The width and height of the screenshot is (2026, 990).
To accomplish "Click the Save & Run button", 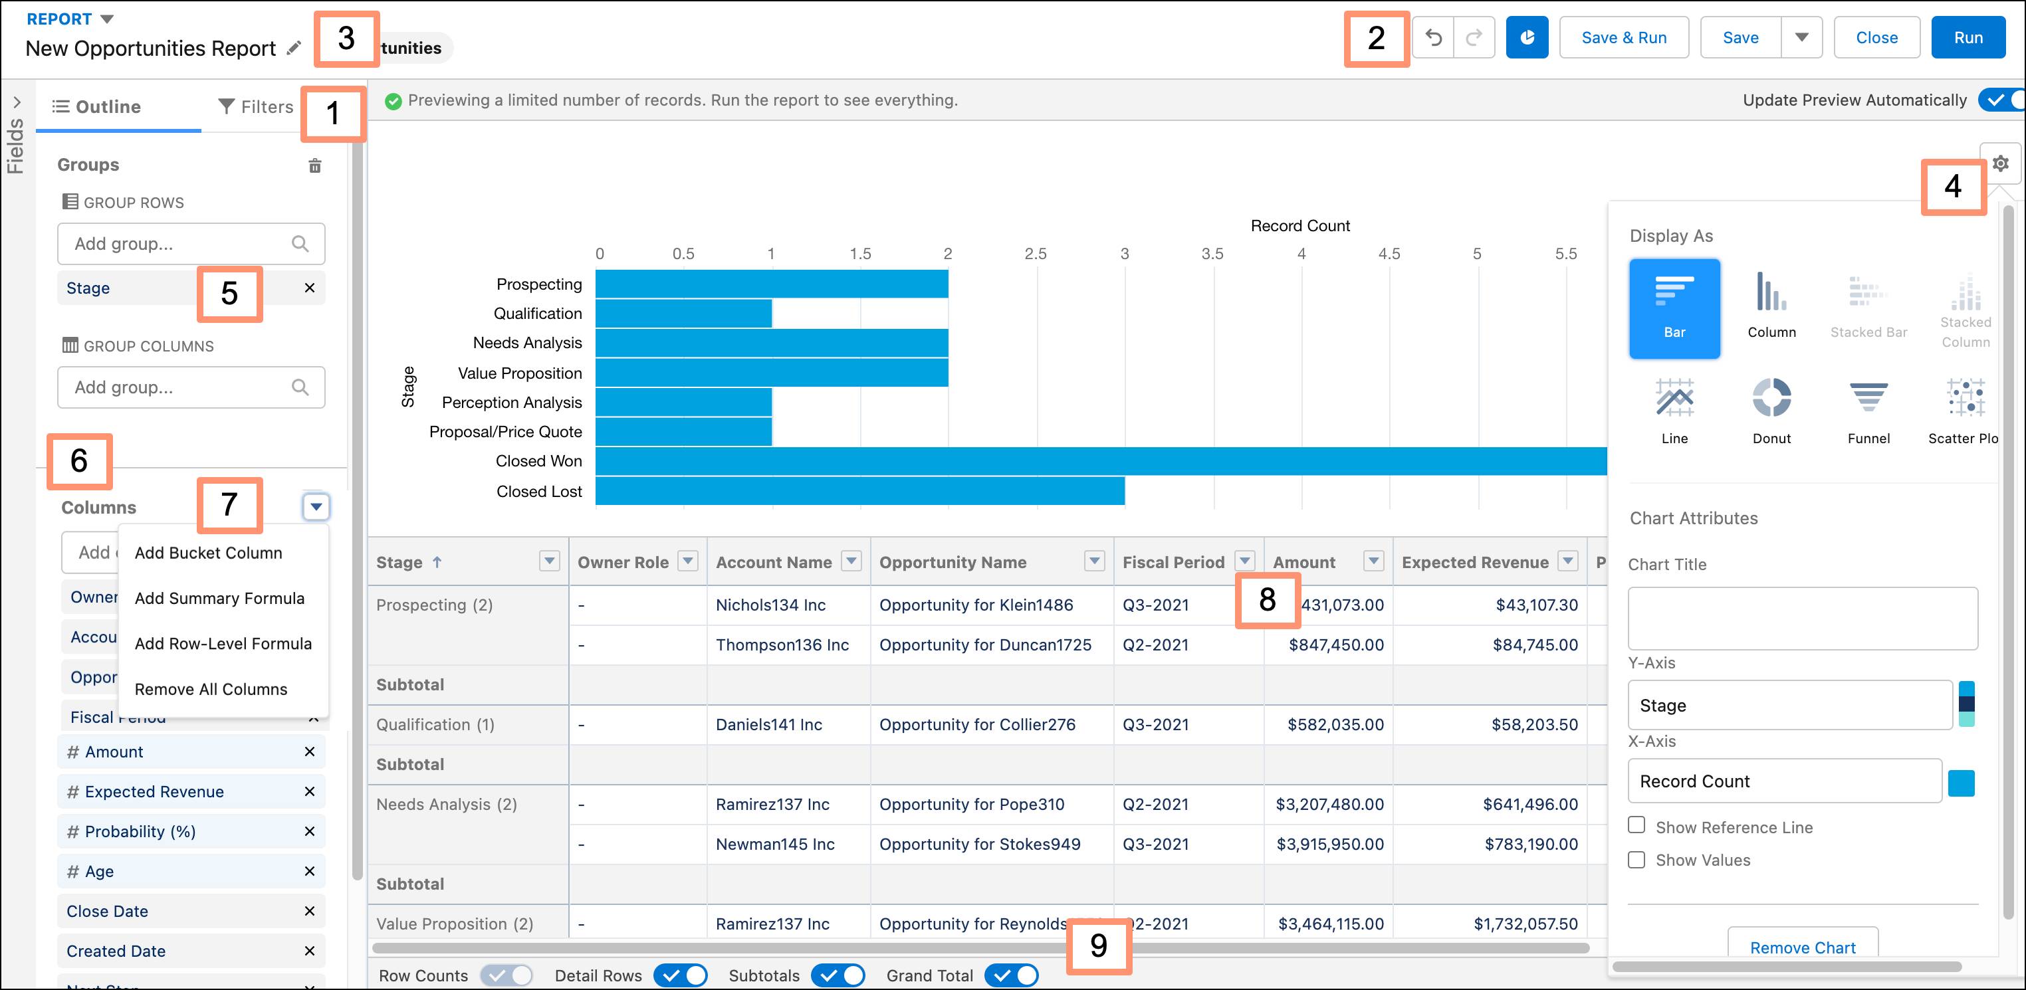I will point(1623,38).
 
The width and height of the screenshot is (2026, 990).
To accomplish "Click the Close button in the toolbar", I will point(1876,38).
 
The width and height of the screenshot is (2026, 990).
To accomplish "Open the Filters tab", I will point(256,107).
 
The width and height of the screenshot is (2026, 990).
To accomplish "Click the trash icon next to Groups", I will point(314,165).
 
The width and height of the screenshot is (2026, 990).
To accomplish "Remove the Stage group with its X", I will point(309,288).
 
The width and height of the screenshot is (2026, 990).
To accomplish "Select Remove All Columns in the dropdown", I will point(211,689).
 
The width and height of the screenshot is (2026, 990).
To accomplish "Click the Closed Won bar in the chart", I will point(1101,461).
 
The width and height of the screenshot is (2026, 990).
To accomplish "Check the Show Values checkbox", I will point(1636,860).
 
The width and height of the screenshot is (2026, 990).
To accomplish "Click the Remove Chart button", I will point(1802,947).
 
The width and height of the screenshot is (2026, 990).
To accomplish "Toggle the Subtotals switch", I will point(838,975).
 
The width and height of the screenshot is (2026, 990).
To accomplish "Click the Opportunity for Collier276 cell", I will point(977,724).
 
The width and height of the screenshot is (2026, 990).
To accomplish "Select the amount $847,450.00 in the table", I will point(1335,644).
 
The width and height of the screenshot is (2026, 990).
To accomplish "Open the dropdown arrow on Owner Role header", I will point(688,561).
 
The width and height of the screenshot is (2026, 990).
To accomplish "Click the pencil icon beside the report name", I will point(293,48).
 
